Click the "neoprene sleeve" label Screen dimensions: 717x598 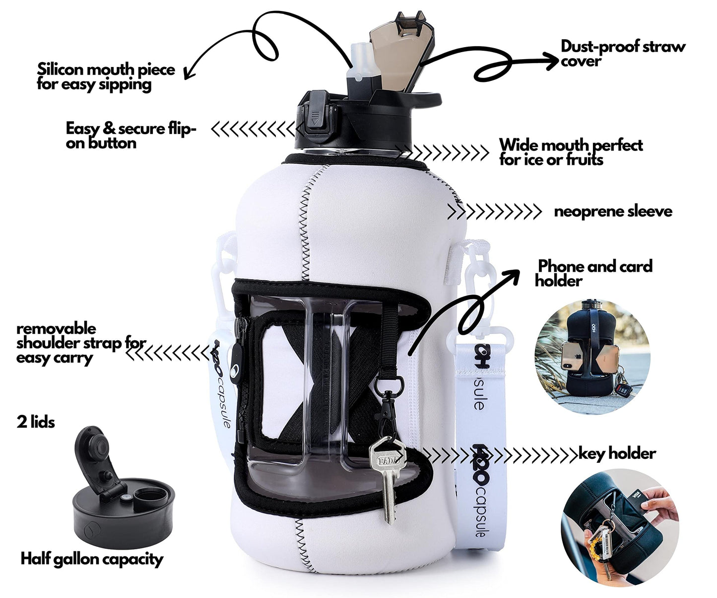coord(613,212)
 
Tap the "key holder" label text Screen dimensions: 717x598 coord(617,453)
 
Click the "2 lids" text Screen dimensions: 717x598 coord(36,422)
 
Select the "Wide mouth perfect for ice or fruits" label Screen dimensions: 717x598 coord(571,152)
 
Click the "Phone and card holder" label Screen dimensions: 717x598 coord(593,274)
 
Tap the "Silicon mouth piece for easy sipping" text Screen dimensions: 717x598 coord(106,77)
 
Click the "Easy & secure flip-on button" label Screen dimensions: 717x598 coord(130,136)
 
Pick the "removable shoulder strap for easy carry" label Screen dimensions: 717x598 coord(81,343)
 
